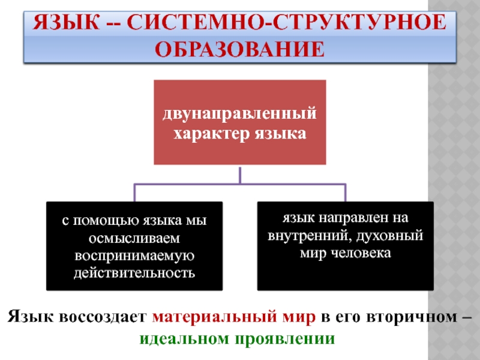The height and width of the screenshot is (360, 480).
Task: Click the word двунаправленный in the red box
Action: [x=240, y=113]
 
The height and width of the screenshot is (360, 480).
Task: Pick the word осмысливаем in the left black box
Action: [x=134, y=238]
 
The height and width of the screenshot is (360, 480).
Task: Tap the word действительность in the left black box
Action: [x=134, y=273]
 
